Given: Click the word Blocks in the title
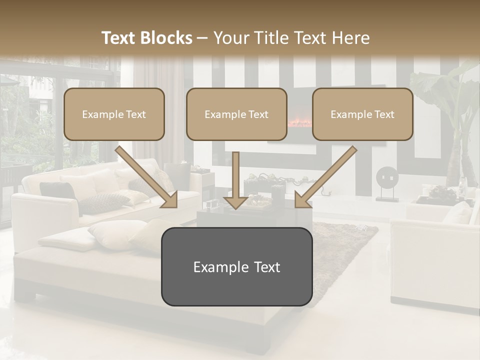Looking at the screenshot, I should (x=167, y=38).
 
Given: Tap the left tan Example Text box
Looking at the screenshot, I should (x=114, y=114).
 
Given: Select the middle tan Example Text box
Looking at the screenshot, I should (x=236, y=114).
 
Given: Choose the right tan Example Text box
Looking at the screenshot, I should (x=362, y=114).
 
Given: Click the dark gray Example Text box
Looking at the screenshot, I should (x=236, y=266).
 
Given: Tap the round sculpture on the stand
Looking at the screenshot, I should (x=387, y=177).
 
